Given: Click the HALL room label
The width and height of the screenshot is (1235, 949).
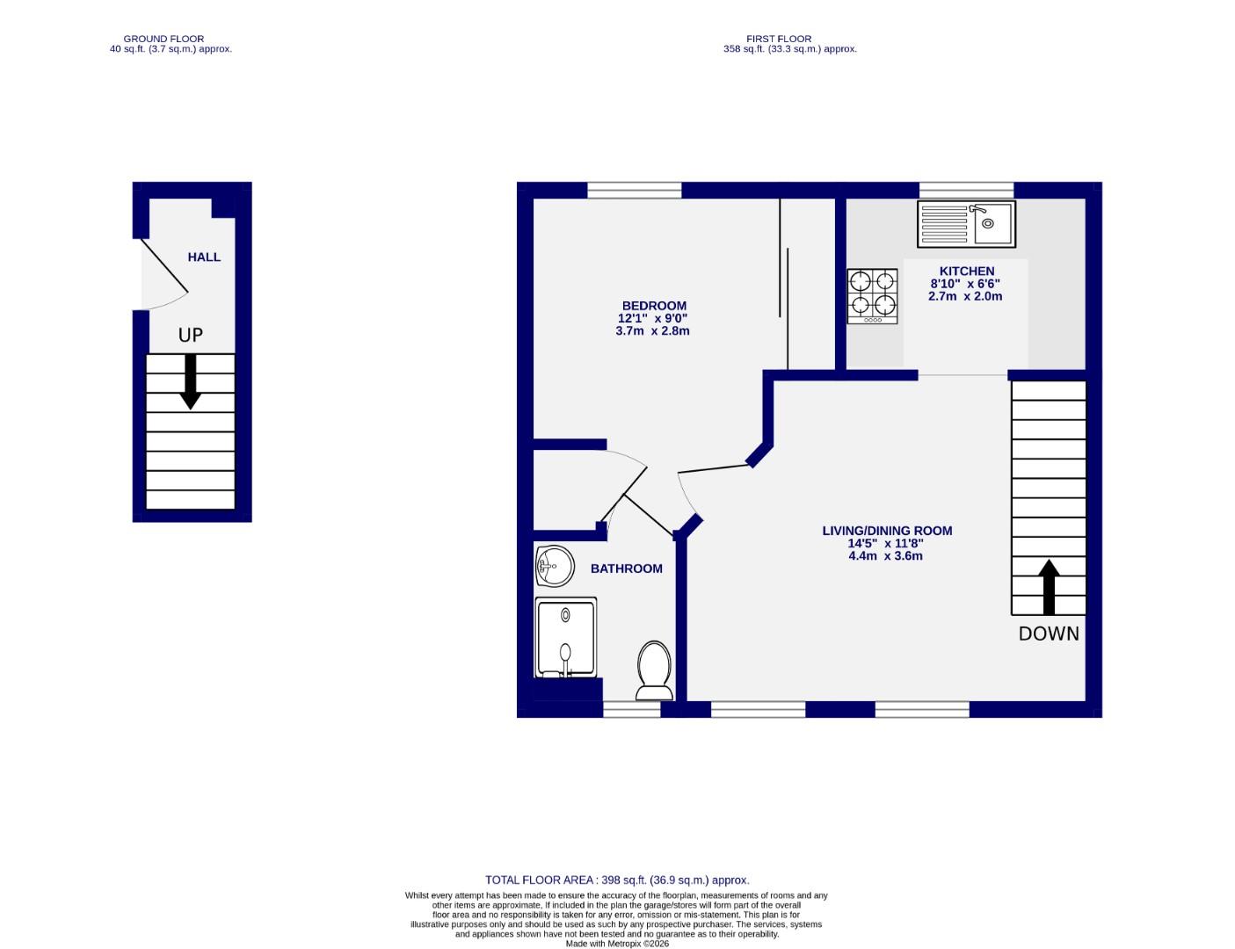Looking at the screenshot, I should click(204, 257).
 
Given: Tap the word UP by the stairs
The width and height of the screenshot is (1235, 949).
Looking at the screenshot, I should click(191, 335).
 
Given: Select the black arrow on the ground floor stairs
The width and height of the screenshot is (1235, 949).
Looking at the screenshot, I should click(190, 382).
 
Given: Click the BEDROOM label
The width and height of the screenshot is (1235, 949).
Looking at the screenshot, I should click(652, 306).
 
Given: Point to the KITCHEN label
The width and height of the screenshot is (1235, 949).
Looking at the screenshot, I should click(967, 271).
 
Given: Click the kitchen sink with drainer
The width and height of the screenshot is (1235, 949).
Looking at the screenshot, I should click(966, 223).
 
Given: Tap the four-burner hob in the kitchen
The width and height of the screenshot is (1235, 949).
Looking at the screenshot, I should click(872, 296).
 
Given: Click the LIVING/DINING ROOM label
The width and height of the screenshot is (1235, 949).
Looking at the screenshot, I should click(887, 531).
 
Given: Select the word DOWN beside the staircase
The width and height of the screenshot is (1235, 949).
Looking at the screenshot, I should click(1049, 634).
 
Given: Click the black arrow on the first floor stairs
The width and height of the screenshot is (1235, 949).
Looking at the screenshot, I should click(1049, 587).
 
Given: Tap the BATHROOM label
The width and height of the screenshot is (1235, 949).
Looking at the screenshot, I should click(627, 569).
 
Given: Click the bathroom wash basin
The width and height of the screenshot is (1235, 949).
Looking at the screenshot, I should click(555, 565).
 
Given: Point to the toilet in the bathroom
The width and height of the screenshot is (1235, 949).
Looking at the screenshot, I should click(654, 670).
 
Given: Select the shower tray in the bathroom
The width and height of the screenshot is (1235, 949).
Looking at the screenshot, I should click(566, 637).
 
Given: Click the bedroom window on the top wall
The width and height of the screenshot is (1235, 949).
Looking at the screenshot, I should click(634, 190).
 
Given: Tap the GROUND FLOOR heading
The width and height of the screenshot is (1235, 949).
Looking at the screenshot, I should click(163, 39).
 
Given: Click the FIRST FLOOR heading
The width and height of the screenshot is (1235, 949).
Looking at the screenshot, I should click(779, 39).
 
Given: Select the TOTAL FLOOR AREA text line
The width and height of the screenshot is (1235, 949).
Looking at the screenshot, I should click(617, 880).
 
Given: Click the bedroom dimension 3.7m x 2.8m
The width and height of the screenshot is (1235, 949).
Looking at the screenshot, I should click(652, 331).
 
